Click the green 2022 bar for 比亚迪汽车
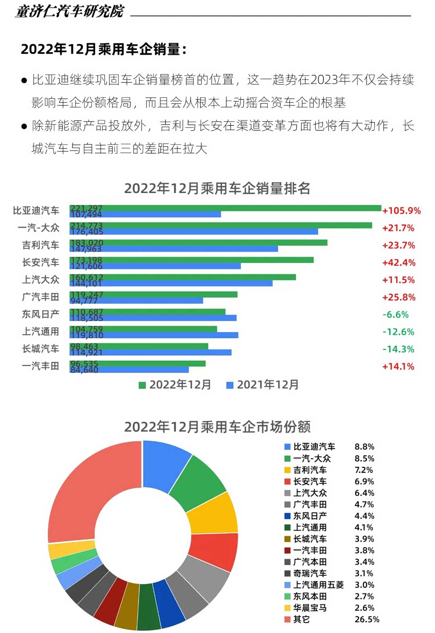coord(242,208)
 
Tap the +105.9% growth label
coord(401,211)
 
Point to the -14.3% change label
coord(398,349)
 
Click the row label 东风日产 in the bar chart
coord(40,314)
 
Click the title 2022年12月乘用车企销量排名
coord(217,188)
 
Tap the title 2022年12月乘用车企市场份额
coord(217,427)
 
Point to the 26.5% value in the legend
coord(367,619)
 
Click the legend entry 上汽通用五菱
coord(318,585)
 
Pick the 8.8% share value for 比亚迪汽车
coord(364,447)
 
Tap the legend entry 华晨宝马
coord(310,608)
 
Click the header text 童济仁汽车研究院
coord(70,11)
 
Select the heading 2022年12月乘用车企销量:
coord(104,49)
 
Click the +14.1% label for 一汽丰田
coord(398,366)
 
